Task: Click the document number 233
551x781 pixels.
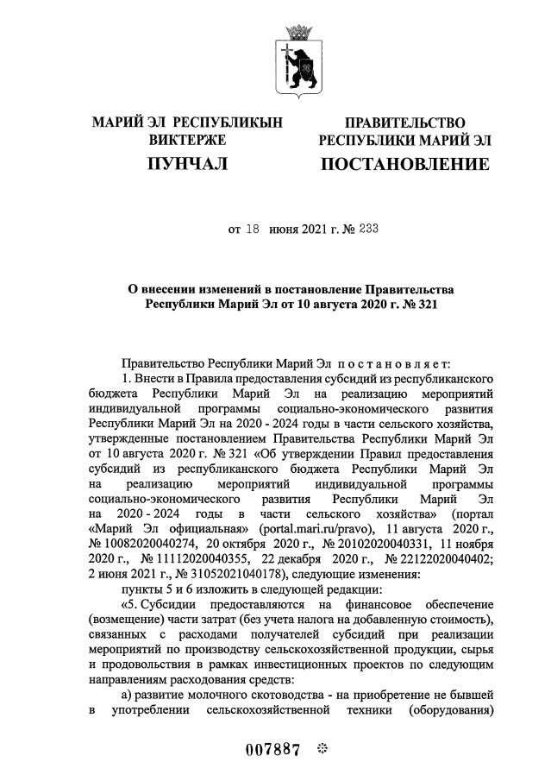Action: coord(367,230)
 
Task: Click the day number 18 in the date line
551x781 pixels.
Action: coord(254,230)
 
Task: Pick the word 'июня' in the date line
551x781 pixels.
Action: coord(285,230)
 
